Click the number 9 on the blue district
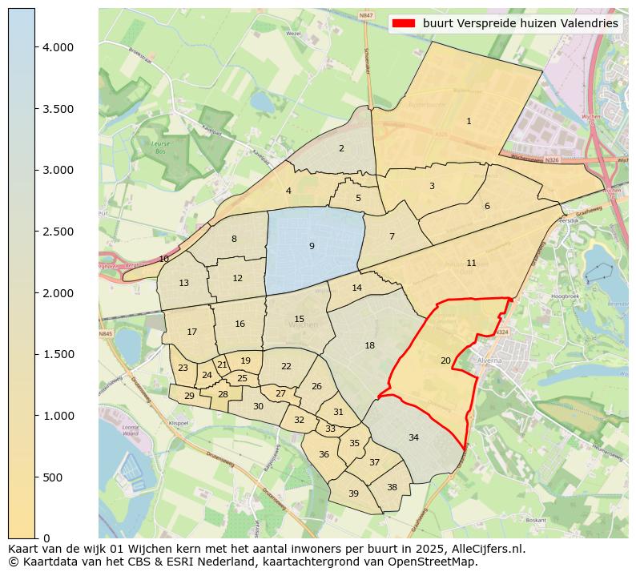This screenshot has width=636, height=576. tap(312, 246)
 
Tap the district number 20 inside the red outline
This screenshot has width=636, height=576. tap(445, 361)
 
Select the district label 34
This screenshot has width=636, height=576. tap(413, 437)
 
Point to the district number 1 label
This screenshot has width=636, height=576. tap(469, 121)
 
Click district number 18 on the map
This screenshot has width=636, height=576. tap(369, 345)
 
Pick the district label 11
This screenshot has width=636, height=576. tap(471, 263)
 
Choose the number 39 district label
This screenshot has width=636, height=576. tap(353, 493)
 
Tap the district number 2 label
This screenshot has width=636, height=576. tap(341, 148)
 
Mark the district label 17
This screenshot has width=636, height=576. tap(192, 332)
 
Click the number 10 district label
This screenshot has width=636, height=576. tap(164, 259)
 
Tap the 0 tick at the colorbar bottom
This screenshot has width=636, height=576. tap(46, 538)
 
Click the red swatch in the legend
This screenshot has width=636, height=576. tap(404, 23)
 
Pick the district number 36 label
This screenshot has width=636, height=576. tap(324, 454)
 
